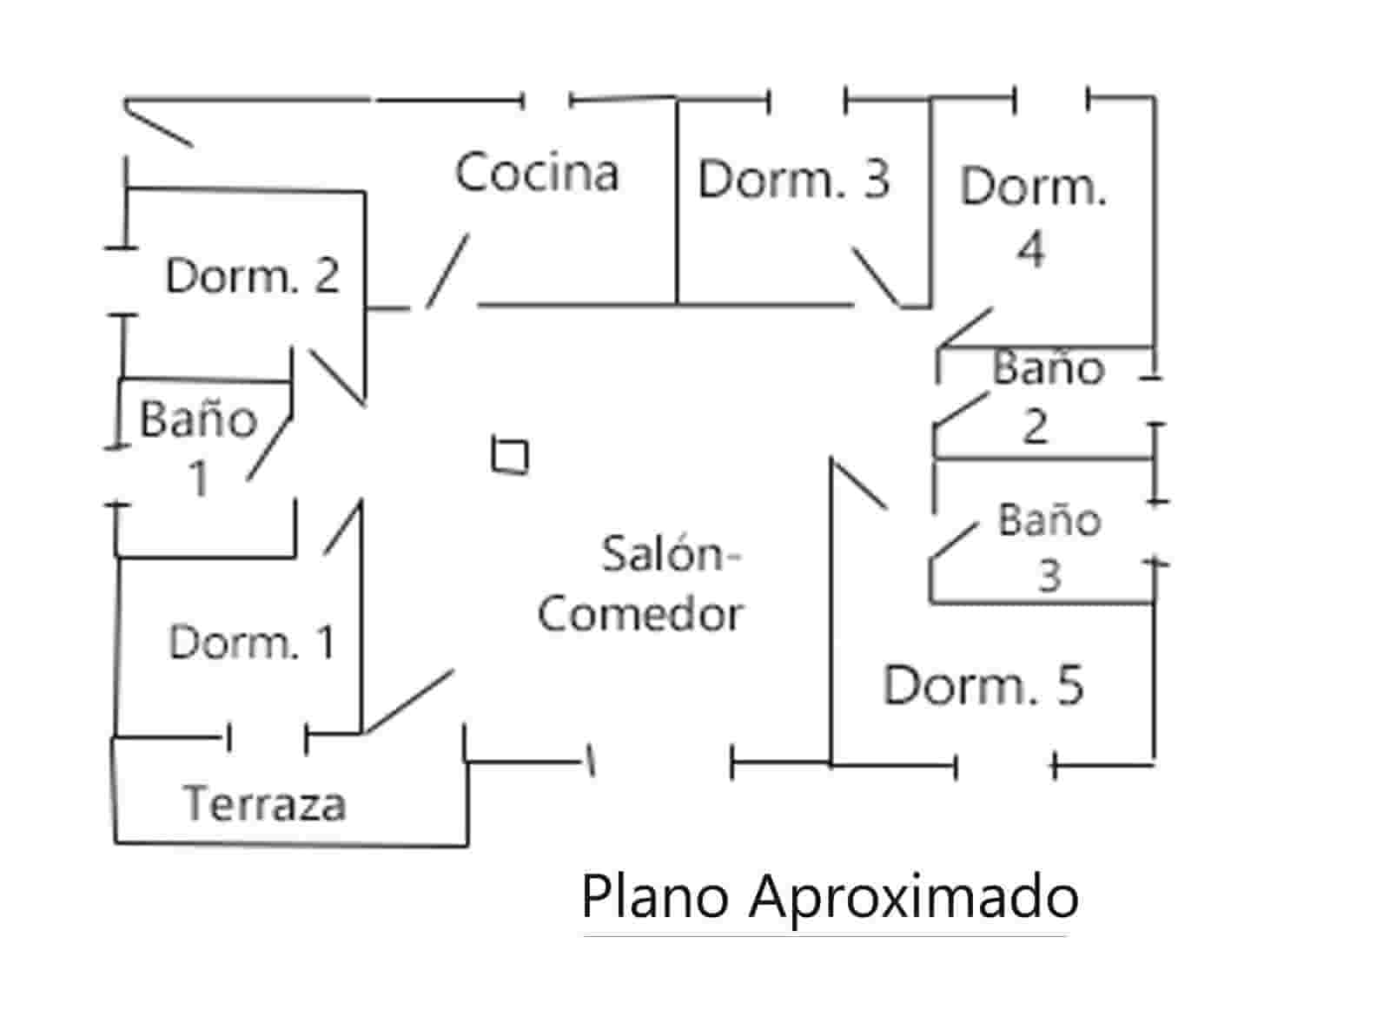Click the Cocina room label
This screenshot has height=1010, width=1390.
tap(536, 172)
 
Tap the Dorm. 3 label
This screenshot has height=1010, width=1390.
tap(793, 179)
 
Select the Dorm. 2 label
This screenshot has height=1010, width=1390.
tap(252, 275)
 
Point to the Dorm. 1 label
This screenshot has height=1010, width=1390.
tap(251, 643)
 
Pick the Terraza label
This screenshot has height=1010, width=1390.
tap(265, 803)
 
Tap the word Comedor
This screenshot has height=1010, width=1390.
tap(640, 613)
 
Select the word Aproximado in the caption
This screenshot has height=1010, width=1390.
tap(914, 897)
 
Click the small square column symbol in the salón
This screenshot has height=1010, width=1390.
tap(510, 455)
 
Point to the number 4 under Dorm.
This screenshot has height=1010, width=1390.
tap(1030, 249)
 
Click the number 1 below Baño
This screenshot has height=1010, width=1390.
tap(200, 478)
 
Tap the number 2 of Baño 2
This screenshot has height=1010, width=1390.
tap(1035, 426)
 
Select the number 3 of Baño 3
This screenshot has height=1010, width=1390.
tap(1049, 576)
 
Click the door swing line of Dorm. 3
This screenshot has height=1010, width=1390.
tap(876, 277)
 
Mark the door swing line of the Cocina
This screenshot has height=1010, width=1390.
tap(447, 270)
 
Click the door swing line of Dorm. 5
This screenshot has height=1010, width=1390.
tap(858, 483)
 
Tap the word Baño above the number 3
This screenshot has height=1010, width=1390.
tap(1049, 519)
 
